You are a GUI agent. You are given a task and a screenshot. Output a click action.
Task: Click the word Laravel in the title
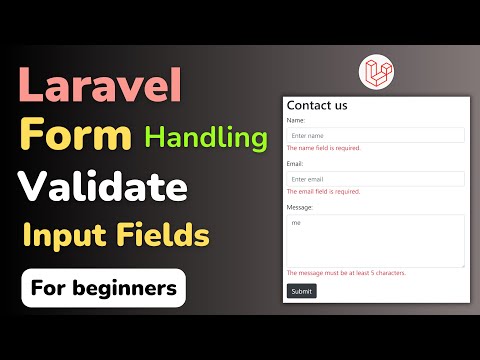click(x=99, y=87)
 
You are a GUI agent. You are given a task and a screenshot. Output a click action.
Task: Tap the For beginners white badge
click(x=104, y=289)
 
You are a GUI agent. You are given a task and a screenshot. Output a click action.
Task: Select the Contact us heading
click(x=317, y=105)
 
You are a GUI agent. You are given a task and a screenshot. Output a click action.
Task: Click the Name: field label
click(x=297, y=120)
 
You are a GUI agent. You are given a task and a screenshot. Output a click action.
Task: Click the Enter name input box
click(x=375, y=135)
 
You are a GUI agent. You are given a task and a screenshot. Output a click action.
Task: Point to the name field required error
click(x=323, y=148)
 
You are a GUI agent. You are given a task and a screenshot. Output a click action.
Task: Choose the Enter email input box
click(x=375, y=179)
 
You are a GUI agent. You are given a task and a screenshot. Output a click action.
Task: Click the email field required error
click(x=323, y=191)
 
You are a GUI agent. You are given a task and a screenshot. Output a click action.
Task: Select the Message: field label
click(x=300, y=207)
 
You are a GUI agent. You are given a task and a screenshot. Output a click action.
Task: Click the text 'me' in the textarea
click(x=296, y=224)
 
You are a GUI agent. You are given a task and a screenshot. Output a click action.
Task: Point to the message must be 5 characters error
click(x=346, y=272)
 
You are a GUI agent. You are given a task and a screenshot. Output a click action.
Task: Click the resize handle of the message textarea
click(x=462, y=265)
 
